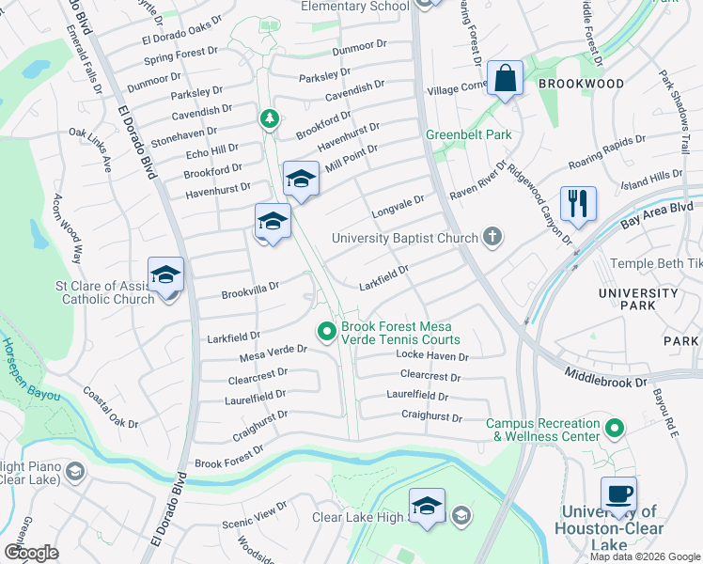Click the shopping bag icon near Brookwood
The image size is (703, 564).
(505, 80)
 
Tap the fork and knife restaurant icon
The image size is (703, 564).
(578, 203)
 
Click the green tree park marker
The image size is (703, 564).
(270, 118)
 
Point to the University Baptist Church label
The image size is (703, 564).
(405, 238)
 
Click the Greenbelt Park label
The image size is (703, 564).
(468, 134)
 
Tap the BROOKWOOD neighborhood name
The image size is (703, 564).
(581, 84)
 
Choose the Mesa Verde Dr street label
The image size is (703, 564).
(273, 350)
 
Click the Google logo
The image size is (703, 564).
(31, 552)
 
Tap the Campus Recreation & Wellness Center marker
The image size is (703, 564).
(615, 430)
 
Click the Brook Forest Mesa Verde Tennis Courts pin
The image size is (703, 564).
(326, 330)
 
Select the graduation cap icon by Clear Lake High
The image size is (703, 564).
(427, 507)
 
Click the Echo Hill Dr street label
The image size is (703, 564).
(212, 150)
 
